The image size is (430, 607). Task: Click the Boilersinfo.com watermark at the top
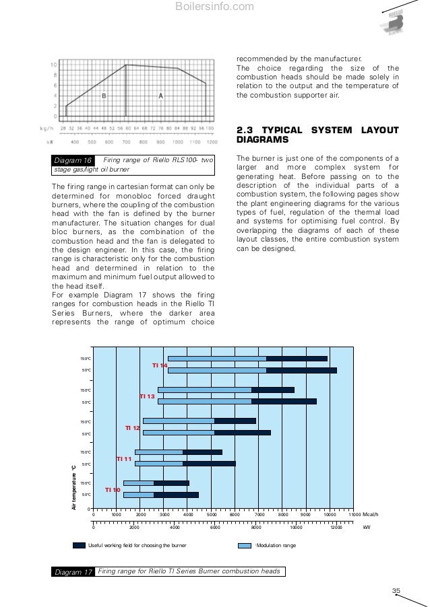pyautogui.click(x=214, y=7)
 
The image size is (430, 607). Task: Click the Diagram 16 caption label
pyautogui.click(x=73, y=160)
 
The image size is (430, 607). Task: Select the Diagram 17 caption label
pyautogui.click(x=73, y=572)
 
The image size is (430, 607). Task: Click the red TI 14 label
pyautogui.click(x=160, y=365)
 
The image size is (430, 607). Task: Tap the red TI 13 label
pyautogui.click(x=147, y=397)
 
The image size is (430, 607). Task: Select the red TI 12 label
pyautogui.click(x=133, y=428)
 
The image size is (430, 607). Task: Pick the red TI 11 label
pyautogui.click(x=124, y=459)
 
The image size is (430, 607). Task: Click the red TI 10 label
pyautogui.click(x=113, y=490)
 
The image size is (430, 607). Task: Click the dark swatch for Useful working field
pyautogui.click(x=79, y=545)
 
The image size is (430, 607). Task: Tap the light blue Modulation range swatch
pyautogui.click(x=245, y=545)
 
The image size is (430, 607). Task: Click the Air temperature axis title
pyautogui.click(x=75, y=486)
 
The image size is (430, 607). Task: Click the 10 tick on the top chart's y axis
pyautogui.click(x=53, y=65)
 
